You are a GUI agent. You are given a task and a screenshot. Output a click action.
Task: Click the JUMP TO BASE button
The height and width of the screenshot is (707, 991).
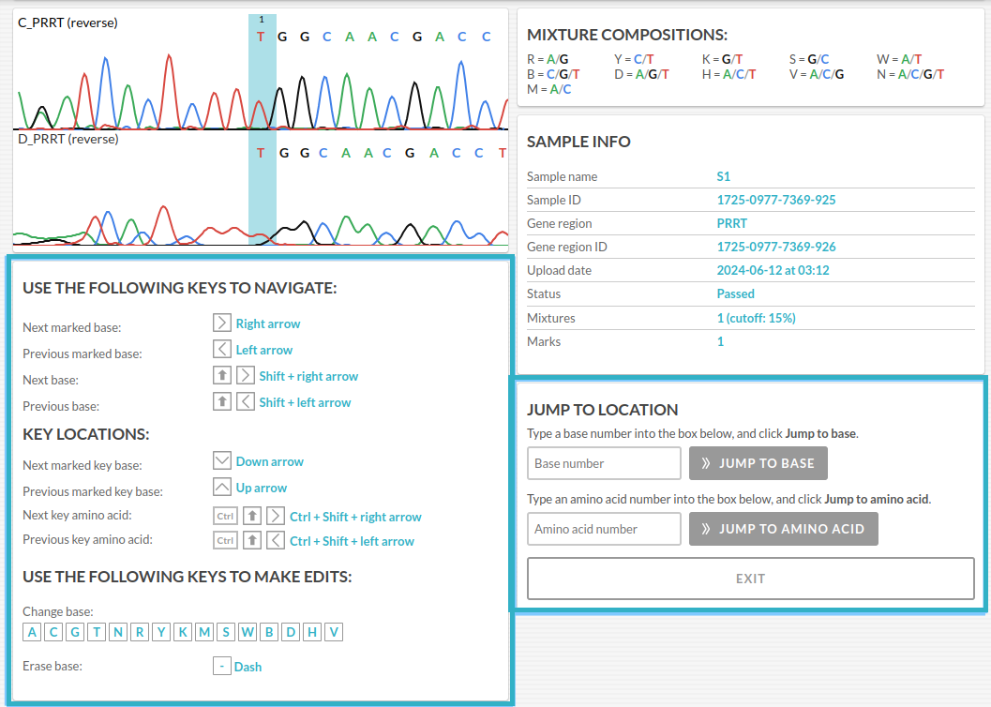click(x=758, y=463)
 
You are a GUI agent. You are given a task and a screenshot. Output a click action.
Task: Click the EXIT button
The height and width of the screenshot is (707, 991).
click(x=750, y=579)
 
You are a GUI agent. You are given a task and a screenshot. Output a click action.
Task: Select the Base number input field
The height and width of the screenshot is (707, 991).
click(x=604, y=463)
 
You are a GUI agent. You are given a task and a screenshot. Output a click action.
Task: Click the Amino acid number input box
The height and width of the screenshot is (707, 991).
click(x=604, y=529)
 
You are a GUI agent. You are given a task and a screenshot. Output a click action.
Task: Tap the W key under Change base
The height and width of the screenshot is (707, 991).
click(x=248, y=632)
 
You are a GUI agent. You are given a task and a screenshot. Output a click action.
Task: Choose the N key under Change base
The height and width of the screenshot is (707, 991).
click(x=118, y=632)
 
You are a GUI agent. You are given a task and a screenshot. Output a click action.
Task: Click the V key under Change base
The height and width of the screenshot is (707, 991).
click(x=334, y=632)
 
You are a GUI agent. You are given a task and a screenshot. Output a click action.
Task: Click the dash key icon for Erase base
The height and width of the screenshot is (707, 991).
click(x=222, y=666)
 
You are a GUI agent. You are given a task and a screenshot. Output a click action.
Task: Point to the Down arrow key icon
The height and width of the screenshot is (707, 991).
click(x=222, y=460)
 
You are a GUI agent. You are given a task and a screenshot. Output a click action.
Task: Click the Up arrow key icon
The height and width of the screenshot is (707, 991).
click(x=222, y=488)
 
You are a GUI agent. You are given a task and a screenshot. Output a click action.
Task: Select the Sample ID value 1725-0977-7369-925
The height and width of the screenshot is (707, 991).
click(x=776, y=200)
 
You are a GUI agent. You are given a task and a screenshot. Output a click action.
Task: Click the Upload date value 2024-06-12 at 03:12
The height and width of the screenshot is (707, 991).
click(x=773, y=270)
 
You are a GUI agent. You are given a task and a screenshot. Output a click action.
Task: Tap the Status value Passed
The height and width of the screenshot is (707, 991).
click(x=736, y=293)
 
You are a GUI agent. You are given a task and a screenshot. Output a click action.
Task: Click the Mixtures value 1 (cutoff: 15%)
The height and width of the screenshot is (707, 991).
click(x=756, y=318)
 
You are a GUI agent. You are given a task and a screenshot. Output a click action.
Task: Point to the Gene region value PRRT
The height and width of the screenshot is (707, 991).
click(x=732, y=223)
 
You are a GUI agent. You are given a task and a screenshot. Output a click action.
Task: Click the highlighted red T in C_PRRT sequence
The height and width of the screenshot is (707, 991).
click(x=261, y=37)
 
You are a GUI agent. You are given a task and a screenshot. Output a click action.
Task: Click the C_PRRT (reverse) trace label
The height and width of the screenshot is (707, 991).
click(x=68, y=23)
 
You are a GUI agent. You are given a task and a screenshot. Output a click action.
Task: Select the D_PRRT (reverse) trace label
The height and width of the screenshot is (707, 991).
click(x=68, y=139)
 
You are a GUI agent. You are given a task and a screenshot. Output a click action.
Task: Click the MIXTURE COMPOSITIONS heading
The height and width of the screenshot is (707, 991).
click(x=627, y=35)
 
